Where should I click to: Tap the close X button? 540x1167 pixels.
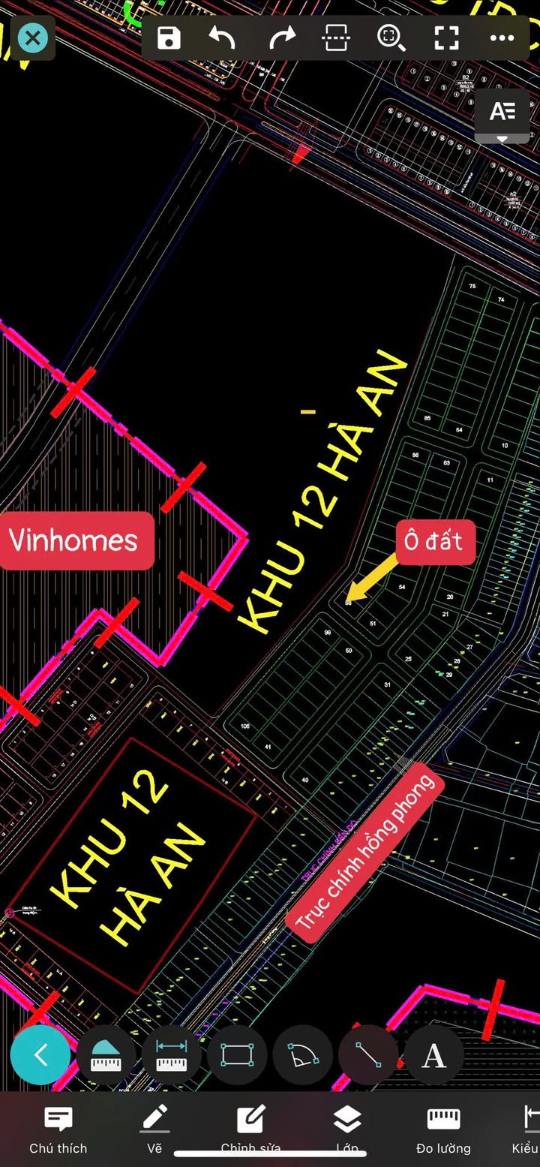click(x=32, y=38)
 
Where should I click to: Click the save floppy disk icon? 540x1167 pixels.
click(x=169, y=38)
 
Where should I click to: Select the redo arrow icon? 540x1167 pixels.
click(x=283, y=38)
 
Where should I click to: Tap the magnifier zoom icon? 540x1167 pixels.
click(x=391, y=38)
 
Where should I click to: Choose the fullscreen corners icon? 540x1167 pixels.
click(x=446, y=38)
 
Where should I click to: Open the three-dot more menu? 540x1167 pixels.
click(x=502, y=38)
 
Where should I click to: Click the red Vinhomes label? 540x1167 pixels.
click(x=73, y=540)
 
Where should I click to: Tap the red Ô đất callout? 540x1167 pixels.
click(x=435, y=541)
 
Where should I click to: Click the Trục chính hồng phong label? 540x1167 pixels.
click(x=365, y=853)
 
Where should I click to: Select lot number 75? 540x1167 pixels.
click(x=472, y=287)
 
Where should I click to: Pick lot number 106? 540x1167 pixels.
click(x=244, y=726)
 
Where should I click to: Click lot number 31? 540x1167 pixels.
click(x=387, y=685)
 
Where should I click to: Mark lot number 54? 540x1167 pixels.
click(x=402, y=587)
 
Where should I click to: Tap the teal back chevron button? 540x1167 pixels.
click(x=40, y=1054)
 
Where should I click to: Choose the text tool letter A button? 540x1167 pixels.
click(x=434, y=1055)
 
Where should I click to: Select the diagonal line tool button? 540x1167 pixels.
click(x=368, y=1055)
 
